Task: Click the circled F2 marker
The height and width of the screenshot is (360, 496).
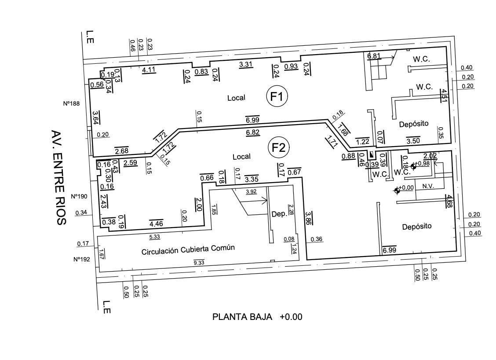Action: point(279,147)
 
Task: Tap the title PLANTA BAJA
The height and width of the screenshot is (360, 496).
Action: point(242,317)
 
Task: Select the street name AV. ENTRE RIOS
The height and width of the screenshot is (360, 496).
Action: point(59,177)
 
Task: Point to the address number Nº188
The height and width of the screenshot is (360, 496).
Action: point(72,103)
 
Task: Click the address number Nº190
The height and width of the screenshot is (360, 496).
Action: point(79,196)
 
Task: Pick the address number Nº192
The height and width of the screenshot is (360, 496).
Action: point(82,259)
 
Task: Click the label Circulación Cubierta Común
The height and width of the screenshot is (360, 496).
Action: point(188,250)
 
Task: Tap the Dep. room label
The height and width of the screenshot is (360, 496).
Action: point(279,214)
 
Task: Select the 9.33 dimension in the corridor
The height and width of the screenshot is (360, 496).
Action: point(199,262)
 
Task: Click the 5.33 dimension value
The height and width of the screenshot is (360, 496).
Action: point(154,236)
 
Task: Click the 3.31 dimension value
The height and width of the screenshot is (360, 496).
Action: point(245,65)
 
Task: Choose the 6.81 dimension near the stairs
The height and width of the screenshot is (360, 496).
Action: point(374,56)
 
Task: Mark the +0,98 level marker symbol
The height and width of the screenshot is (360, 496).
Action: point(413,166)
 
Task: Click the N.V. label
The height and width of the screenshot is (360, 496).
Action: point(428,186)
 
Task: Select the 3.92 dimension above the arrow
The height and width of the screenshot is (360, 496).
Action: point(251,191)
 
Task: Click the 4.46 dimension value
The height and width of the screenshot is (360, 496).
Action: point(156,224)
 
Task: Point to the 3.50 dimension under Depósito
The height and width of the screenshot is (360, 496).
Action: point(413,141)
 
